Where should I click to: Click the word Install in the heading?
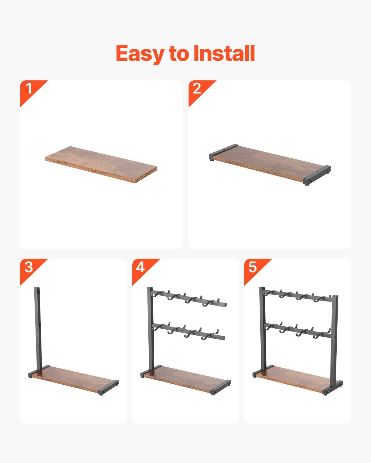tap(224, 53)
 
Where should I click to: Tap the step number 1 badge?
tap(29, 88)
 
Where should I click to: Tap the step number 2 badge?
tap(197, 88)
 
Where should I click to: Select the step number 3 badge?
tap(29, 267)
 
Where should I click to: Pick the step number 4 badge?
tap(141, 267)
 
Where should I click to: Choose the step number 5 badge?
tap(253, 267)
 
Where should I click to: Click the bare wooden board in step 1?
tap(101, 165)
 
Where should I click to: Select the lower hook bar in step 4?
tap(188, 334)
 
